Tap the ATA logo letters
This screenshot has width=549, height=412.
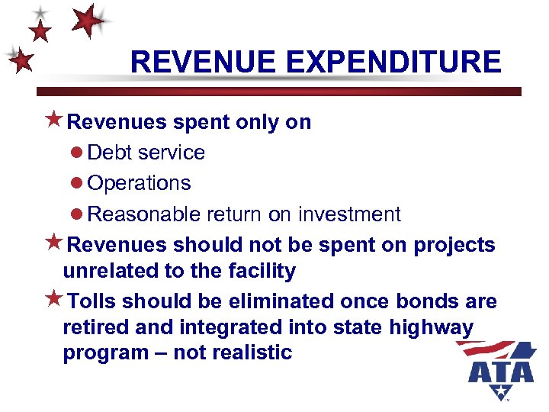(501, 372)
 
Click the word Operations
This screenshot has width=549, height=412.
(140, 184)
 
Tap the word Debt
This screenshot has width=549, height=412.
(110, 153)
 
